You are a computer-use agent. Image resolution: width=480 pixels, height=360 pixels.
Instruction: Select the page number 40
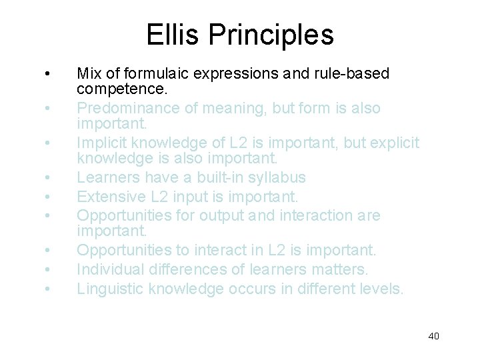433,336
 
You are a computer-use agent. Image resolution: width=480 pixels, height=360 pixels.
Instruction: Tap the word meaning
213,108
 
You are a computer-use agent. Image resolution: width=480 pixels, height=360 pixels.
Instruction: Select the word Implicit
103,143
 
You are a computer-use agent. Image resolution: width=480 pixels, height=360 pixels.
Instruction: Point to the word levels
382,289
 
